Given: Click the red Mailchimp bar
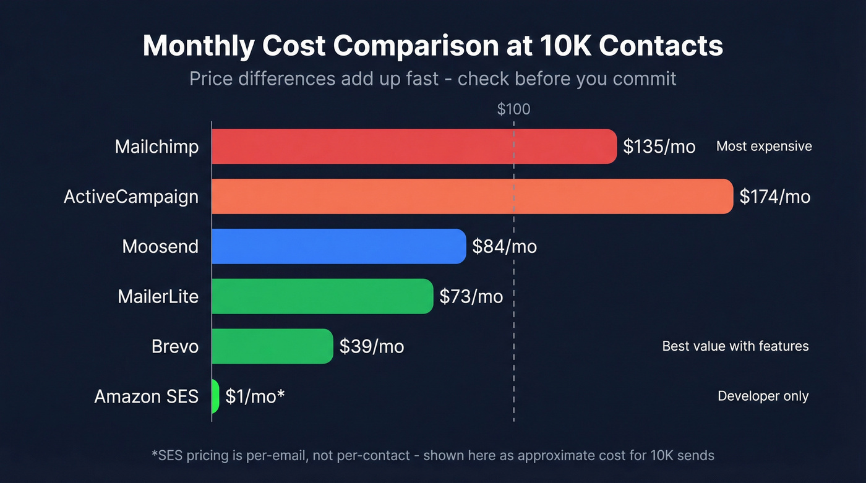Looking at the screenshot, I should pyautogui.click(x=414, y=147).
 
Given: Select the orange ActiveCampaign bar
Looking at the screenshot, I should pyautogui.click(x=472, y=197).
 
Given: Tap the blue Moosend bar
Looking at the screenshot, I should pyautogui.click(x=338, y=246).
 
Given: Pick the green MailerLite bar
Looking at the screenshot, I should pyautogui.click(x=322, y=296).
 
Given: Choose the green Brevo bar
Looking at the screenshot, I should pyautogui.click(x=272, y=346).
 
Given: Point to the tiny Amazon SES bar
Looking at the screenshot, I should pyautogui.click(x=215, y=396).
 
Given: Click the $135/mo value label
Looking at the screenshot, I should pyautogui.click(x=659, y=147).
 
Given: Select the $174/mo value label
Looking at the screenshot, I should pyautogui.click(x=775, y=197).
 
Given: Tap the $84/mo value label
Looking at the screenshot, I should pyautogui.click(x=504, y=246).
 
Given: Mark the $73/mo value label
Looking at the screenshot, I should pyautogui.click(x=471, y=296).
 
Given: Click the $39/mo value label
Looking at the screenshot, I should pyautogui.click(x=372, y=346).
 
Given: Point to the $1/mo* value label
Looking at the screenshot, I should pyautogui.click(x=255, y=396).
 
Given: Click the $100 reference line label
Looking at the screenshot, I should pyautogui.click(x=513, y=109).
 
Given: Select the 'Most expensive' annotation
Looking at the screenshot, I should pyautogui.click(x=764, y=147).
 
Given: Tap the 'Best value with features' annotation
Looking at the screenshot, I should pyautogui.click(x=735, y=346).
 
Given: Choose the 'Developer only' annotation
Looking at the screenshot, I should pyautogui.click(x=763, y=396).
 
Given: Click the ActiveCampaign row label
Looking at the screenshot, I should pyautogui.click(x=131, y=197).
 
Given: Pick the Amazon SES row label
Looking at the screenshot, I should pyautogui.click(x=146, y=396).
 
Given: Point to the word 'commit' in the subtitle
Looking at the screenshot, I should pyautogui.click(x=645, y=79).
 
